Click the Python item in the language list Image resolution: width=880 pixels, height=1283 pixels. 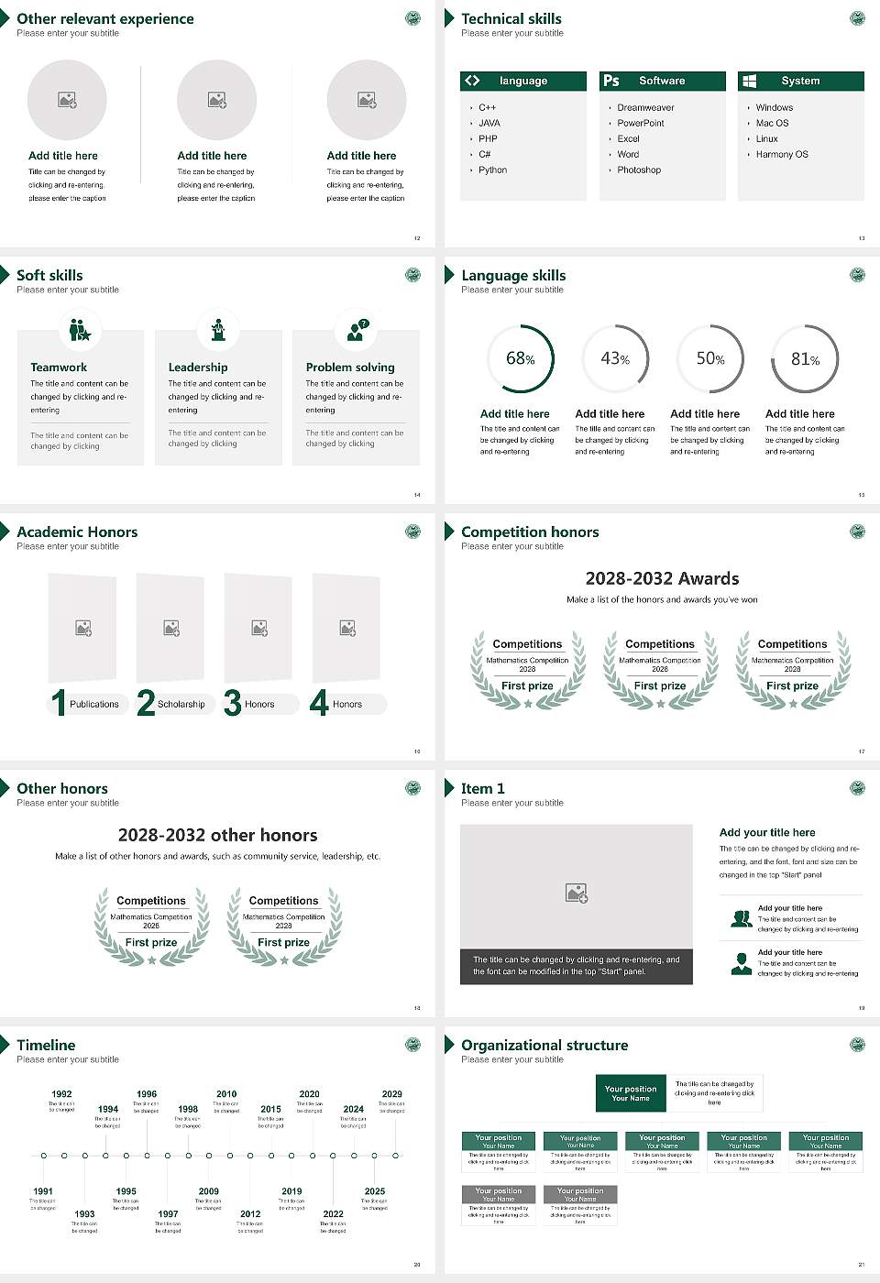(492, 170)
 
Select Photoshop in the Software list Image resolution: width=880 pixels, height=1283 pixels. (639, 170)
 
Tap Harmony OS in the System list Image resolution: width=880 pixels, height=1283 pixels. (782, 155)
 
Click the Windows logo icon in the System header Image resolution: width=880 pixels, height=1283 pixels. (749, 81)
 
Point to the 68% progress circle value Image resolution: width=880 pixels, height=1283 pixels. (520, 359)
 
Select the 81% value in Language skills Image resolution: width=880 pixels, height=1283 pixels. (805, 359)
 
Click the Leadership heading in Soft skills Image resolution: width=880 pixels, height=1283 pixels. (198, 367)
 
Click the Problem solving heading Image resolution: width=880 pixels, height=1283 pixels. (350, 367)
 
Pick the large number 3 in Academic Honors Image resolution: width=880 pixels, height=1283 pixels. (232, 703)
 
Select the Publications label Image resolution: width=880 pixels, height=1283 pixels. (94, 705)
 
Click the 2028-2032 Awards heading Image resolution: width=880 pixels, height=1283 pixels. (662, 578)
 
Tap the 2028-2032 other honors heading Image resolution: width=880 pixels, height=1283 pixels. (217, 835)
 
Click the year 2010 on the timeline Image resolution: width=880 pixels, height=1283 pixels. (226, 1094)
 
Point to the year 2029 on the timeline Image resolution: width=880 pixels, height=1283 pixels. (392, 1094)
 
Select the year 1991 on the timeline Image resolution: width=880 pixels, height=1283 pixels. (43, 1191)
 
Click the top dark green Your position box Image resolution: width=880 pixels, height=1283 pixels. (631, 1093)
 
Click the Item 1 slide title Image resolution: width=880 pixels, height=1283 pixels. (482, 788)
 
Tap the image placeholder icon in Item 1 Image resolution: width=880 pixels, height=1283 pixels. (577, 892)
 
